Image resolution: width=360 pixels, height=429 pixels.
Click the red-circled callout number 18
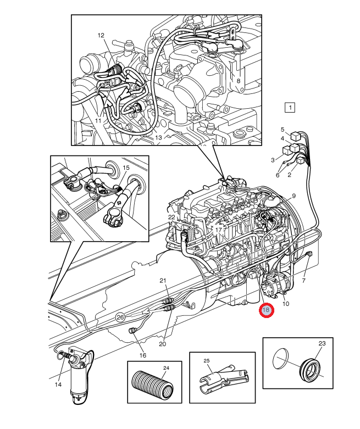tap(266, 310)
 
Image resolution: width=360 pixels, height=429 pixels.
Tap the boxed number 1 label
tap(290, 107)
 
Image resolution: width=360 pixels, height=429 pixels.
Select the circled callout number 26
tap(121, 316)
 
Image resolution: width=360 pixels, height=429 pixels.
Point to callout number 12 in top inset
tap(101, 35)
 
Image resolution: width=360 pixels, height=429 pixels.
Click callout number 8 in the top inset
tap(238, 80)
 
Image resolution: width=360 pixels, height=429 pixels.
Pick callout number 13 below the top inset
tap(158, 137)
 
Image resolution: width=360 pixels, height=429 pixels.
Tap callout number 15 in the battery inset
tap(126, 167)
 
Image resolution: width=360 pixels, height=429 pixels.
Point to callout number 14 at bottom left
tap(58, 385)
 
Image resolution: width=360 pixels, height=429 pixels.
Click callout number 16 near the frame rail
tap(143, 355)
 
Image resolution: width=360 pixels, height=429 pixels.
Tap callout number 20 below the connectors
tap(162, 344)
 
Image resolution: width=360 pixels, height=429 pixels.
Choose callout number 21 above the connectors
tap(163, 281)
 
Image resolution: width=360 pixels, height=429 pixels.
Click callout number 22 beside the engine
tap(171, 218)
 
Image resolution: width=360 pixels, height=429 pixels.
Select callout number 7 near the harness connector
tap(303, 281)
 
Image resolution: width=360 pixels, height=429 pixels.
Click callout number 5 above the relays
tap(283, 129)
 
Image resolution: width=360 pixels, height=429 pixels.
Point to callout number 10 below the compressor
tap(286, 303)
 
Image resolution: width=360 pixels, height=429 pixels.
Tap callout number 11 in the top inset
tap(98, 120)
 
